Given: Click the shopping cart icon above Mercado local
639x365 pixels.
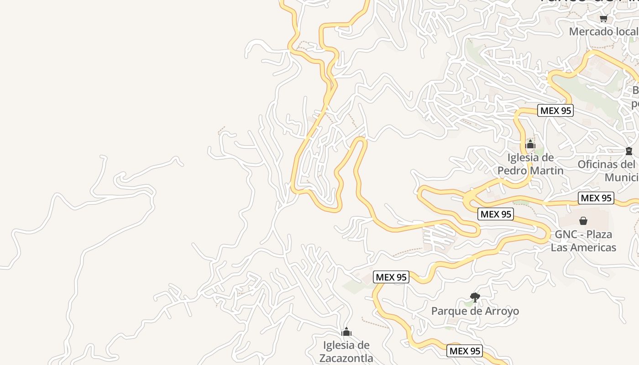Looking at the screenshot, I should [x=603, y=19].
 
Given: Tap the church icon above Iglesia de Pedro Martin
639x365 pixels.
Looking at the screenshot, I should [x=530, y=145].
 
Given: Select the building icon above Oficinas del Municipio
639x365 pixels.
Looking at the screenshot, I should [x=629, y=151].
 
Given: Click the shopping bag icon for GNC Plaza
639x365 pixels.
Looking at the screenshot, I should [x=583, y=221].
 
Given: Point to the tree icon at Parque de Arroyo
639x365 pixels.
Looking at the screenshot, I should [x=475, y=297].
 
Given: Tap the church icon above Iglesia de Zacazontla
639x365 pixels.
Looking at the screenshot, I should [x=346, y=332].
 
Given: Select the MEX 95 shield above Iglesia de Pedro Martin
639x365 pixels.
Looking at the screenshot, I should [x=555, y=110].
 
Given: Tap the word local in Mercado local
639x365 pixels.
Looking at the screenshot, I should [x=627, y=31].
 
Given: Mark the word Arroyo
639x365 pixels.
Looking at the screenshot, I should [x=502, y=312].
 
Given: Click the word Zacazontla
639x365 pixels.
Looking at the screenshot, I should [x=346, y=358].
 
